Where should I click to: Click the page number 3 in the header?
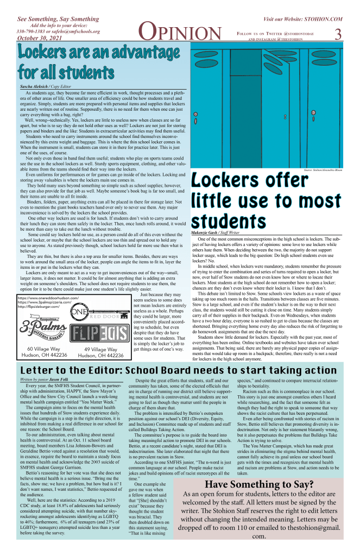[338, 34]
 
